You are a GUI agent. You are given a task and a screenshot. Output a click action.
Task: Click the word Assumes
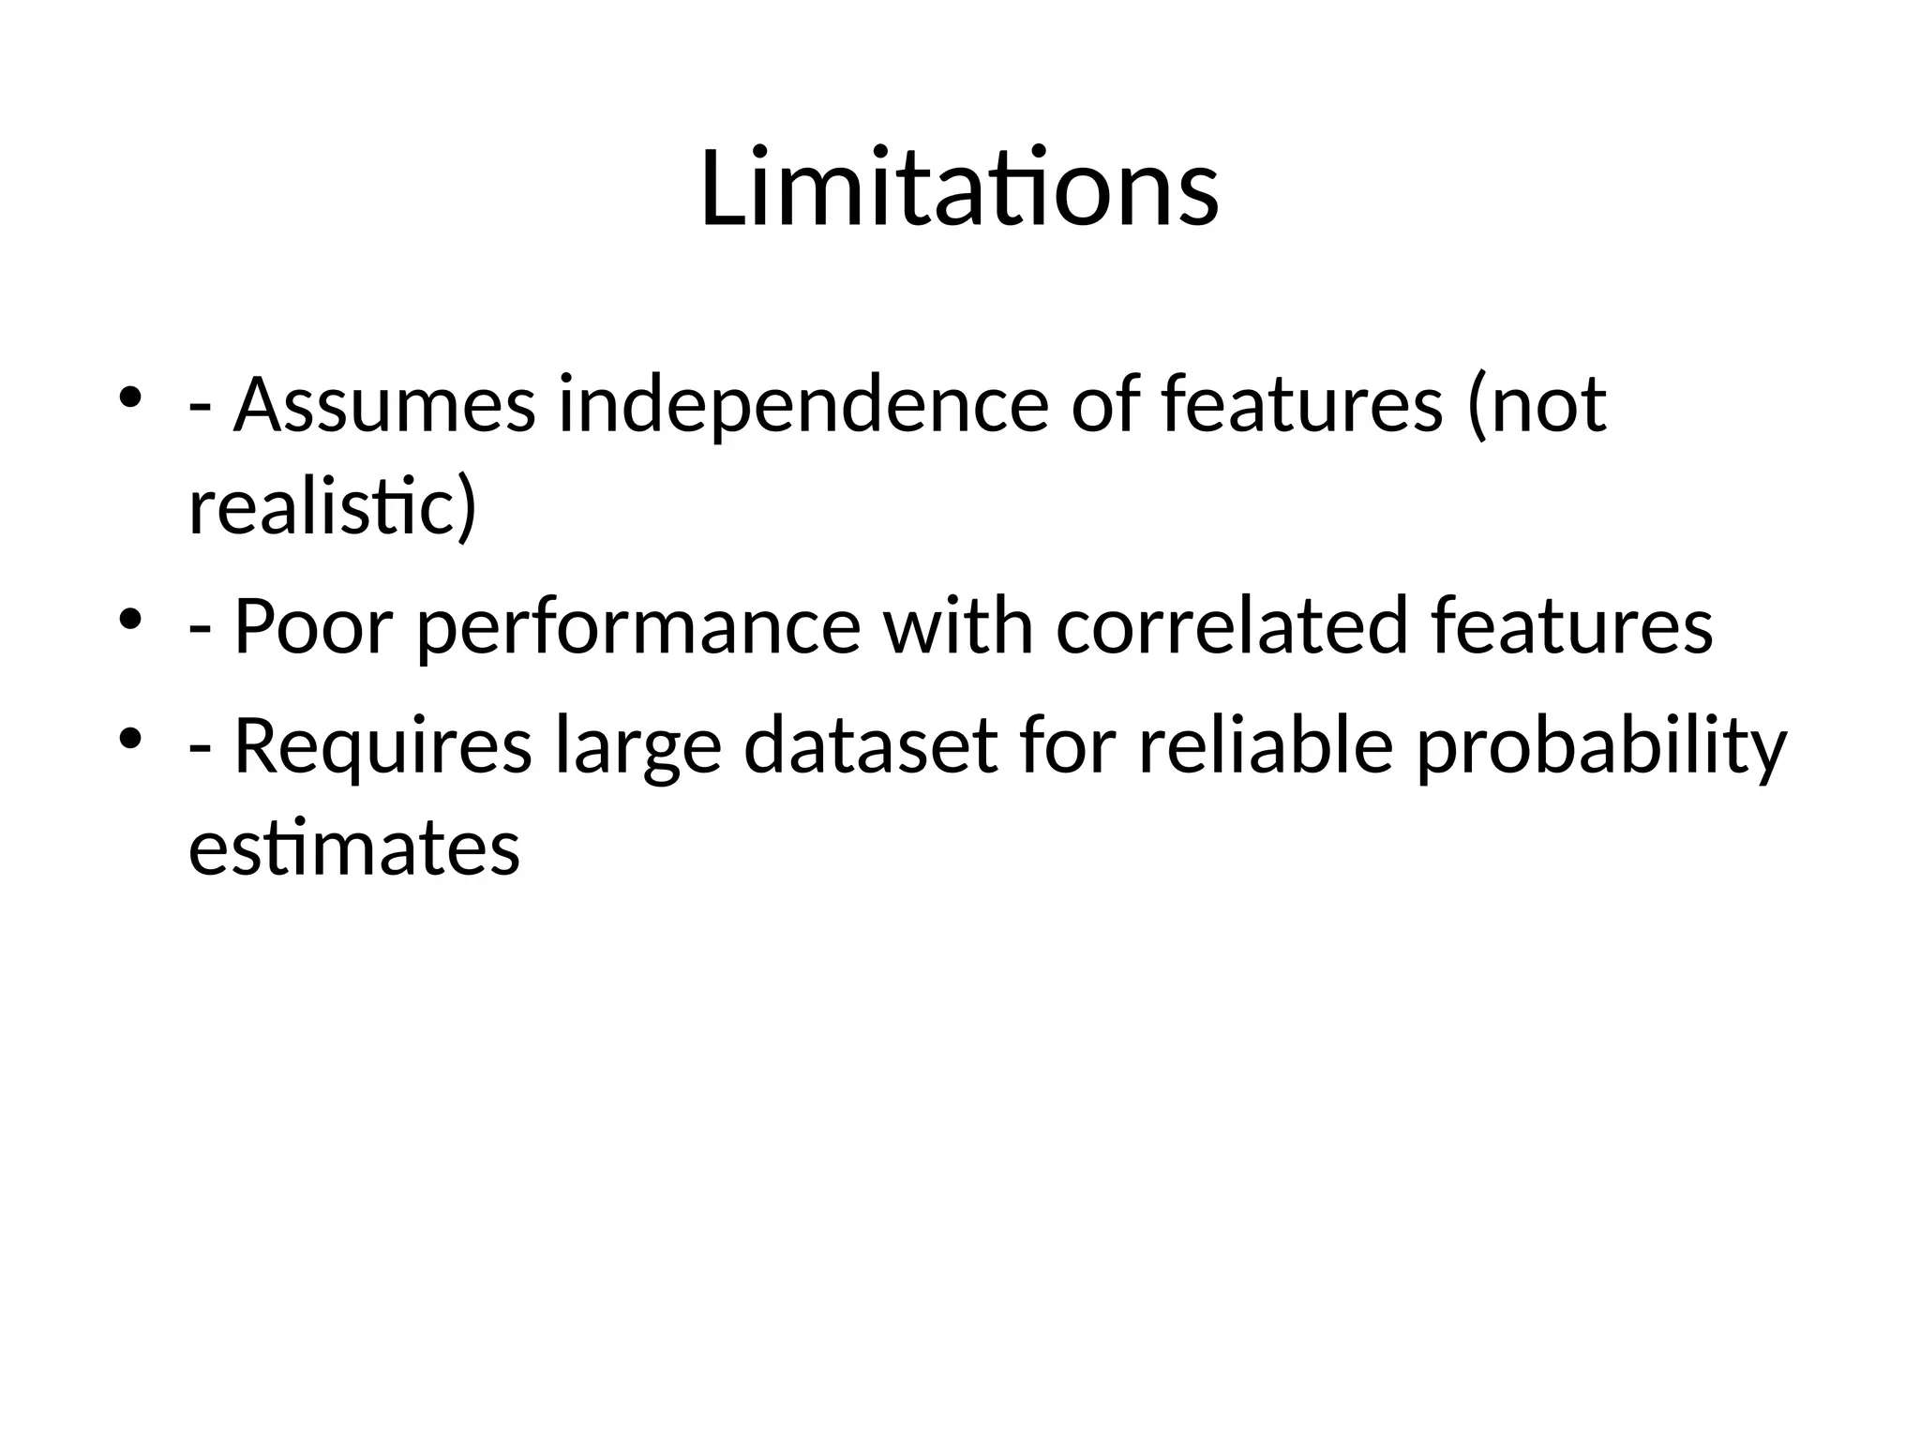point(384,405)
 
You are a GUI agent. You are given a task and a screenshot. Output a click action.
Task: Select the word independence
point(803,405)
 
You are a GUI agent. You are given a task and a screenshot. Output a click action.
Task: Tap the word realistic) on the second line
point(333,507)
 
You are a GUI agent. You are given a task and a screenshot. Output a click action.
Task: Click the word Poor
point(313,626)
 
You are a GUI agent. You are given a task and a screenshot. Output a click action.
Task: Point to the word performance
point(638,626)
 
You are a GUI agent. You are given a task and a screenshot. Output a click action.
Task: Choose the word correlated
point(1232,626)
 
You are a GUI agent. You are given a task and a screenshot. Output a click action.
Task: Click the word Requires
point(382,746)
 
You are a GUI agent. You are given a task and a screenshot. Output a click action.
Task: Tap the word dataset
point(871,746)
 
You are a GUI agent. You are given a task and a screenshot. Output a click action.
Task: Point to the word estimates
point(354,848)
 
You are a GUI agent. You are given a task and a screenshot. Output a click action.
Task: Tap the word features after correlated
point(1572,626)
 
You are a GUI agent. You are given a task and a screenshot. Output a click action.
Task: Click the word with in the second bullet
point(958,626)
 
